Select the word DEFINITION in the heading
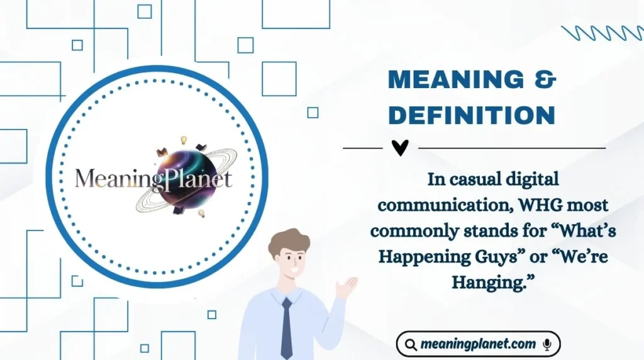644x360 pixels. click(x=471, y=115)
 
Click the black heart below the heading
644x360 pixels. click(x=399, y=147)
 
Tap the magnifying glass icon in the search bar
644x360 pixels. click(x=411, y=344)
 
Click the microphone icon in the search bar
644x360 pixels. click(x=547, y=344)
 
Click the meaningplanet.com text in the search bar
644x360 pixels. click(x=478, y=344)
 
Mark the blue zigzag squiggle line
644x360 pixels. click(x=602, y=33)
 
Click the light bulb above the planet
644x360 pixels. click(x=185, y=139)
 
